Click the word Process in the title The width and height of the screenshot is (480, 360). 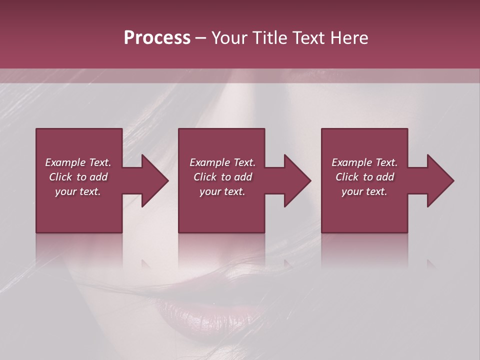pyautogui.click(x=157, y=38)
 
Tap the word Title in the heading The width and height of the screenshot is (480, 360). pyautogui.click(x=270, y=38)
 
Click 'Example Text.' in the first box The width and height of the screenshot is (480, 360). pyautogui.click(x=78, y=162)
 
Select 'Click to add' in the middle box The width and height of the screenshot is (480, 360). pyautogui.click(x=222, y=177)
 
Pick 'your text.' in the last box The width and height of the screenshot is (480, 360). pyautogui.click(x=364, y=191)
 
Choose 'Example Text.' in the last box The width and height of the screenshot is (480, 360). pyautogui.click(x=364, y=162)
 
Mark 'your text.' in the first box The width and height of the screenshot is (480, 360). pyautogui.click(x=78, y=191)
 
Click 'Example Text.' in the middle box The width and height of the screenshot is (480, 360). pyautogui.click(x=222, y=162)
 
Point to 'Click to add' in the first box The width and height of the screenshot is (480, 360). pyautogui.click(x=78, y=177)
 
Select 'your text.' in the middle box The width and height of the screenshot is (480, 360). pyautogui.click(x=222, y=191)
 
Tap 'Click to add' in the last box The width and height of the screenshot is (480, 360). pyautogui.click(x=364, y=177)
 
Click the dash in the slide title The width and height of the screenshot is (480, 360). pyautogui.click(x=200, y=38)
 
